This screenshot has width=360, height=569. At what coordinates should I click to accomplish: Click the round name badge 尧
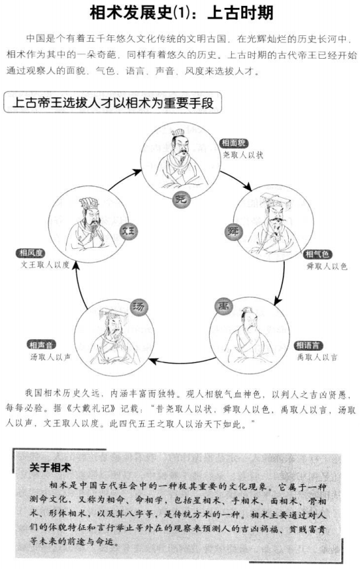click(181, 199)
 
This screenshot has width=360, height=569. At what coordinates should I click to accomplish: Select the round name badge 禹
click(223, 306)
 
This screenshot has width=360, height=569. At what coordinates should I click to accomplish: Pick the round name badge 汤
click(139, 307)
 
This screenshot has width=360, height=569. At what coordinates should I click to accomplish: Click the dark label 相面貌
click(234, 143)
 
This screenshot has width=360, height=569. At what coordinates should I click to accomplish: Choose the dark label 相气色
click(318, 254)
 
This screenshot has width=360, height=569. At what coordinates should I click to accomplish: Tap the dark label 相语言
click(308, 346)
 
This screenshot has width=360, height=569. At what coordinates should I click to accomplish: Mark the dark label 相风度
click(31, 253)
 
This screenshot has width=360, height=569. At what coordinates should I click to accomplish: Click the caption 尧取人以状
click(243, 155)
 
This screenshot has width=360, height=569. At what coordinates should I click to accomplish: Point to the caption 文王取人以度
click(44, 265)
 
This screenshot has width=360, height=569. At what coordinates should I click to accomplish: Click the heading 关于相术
click(50, 468)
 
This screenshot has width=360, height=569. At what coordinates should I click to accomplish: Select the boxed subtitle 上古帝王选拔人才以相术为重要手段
click(112, 103)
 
